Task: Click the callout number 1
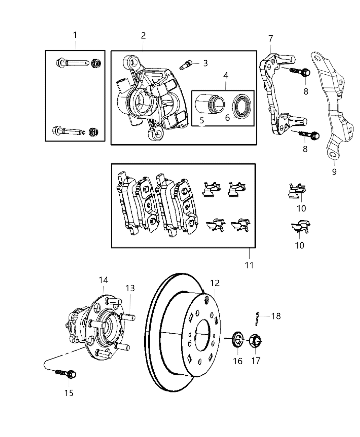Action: pyautogui.click(x=75, y=35)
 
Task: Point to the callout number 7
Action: pyautogui.click(x=271, y=38)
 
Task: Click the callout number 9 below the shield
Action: pyautogui.click(x=334, y=171)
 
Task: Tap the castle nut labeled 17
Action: pyautogui.click(x=256, y=340)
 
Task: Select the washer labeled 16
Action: pyautogui.click(x=237, y=341)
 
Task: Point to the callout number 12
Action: pyautogui.click(x=215, y=283)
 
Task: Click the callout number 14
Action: pyautogui.click(x=104, y=280)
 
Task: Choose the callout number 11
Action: pyautogui.click(x=249, y=265)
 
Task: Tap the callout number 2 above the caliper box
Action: pyautogui.click(x=143, y=35)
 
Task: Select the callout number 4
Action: pyautogui.click(x=226, y=75)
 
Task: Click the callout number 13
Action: pyautogui.click(x=130, y=288)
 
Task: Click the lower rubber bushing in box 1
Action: pyautogui.click(x=93, y=131)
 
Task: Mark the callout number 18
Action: pyautogui.click(x=276, y=316)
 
